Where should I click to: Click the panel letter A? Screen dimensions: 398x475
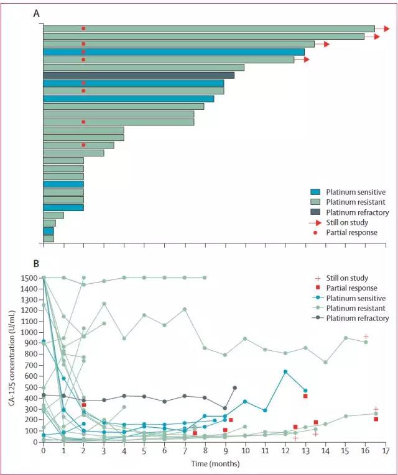click(37, 14)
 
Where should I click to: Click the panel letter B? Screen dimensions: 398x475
click(36, 264)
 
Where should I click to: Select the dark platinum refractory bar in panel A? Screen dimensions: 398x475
click(139, 75)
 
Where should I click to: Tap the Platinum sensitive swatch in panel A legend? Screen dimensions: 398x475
click(315, 192)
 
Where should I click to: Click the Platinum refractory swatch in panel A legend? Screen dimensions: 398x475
click(315, 212)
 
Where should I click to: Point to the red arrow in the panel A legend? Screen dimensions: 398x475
click(315, 223)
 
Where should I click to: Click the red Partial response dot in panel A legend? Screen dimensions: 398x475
click(315, 233)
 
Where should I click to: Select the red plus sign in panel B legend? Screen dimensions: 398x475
click(318, 278)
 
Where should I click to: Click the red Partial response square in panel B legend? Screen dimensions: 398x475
click(318, 287)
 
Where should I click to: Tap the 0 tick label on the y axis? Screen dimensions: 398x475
click(35, 442)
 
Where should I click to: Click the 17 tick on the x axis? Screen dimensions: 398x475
click(386, 444)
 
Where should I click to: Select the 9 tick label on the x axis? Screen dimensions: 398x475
click(225, 451)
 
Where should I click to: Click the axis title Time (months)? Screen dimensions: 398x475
click(215, 464)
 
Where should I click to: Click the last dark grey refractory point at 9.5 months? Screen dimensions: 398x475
click(235, 387)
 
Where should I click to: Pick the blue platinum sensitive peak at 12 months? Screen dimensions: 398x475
click(285, 372)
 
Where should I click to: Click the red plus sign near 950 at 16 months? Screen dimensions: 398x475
click(366, 337)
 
